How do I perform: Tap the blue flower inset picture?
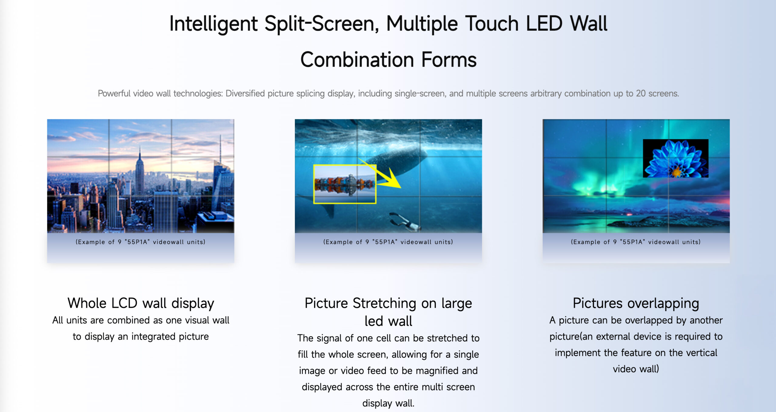(676, 158)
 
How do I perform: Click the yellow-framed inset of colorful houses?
(345, 184)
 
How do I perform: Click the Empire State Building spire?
(140, 151)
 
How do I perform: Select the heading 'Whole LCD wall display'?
(141, 303)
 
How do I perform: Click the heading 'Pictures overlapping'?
(636, 303)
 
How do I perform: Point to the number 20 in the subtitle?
(641, 93)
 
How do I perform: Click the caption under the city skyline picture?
(141, 242)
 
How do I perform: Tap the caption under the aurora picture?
(636, 242)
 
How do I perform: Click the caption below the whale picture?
(388, 242)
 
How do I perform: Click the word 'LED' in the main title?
(544, 24)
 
